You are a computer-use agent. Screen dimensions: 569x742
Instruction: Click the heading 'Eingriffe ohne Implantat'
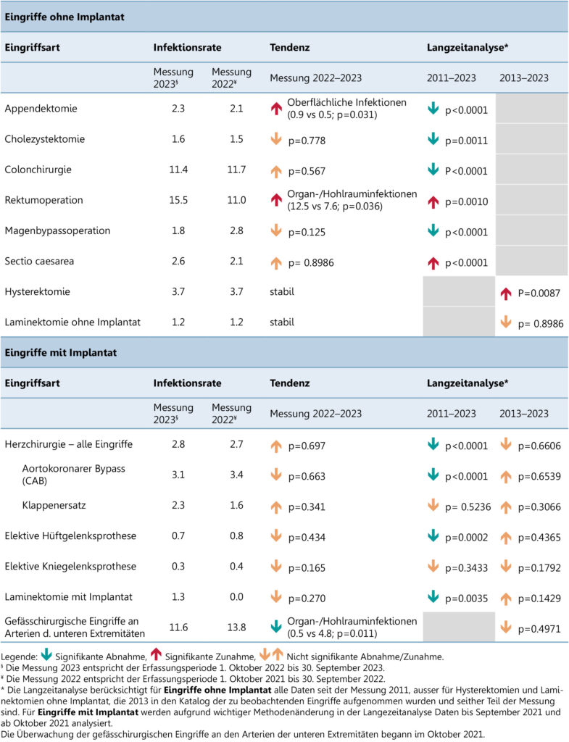tap(65, 17)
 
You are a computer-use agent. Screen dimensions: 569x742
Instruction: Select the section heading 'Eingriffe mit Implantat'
tap(61, 353)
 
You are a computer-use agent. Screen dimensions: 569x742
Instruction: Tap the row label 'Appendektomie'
tap(41, 109)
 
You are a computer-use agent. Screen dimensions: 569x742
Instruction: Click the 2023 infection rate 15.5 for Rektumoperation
tap(178, 200)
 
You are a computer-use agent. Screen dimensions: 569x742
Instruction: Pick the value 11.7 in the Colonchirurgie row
tap(236, 170)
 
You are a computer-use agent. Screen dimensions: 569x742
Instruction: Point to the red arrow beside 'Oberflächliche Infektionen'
tap(276, 109)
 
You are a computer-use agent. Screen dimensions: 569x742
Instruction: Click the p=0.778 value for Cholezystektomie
tap(307, 141)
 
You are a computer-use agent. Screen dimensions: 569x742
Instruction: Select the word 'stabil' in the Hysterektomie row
tap(282, 291)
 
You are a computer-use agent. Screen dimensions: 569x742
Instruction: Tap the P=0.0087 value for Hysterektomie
tap(539, 293)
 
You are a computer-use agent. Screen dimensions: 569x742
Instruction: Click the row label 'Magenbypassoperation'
tap(57, 231)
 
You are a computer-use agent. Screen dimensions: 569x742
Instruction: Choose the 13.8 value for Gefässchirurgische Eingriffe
tap(236, 628)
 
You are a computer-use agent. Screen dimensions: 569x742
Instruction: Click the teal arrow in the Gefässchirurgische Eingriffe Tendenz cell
tap(276, 627)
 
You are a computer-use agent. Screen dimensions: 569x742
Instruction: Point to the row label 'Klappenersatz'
tap(54, 505)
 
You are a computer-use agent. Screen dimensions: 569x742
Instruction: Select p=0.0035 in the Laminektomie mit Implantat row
tap(466, 599)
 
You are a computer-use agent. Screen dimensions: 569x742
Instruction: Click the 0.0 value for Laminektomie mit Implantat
tap(236, 597)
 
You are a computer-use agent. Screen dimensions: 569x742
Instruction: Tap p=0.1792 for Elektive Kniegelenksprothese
tap(539, 568)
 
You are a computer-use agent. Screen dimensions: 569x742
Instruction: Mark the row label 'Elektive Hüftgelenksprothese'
tap(70, 536)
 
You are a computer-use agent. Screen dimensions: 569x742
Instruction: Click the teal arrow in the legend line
tap(46, 654)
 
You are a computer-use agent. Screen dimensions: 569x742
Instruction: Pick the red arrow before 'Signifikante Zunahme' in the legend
tap(156, 654)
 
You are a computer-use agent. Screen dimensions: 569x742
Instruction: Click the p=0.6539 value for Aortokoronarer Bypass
tap(539, 477)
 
